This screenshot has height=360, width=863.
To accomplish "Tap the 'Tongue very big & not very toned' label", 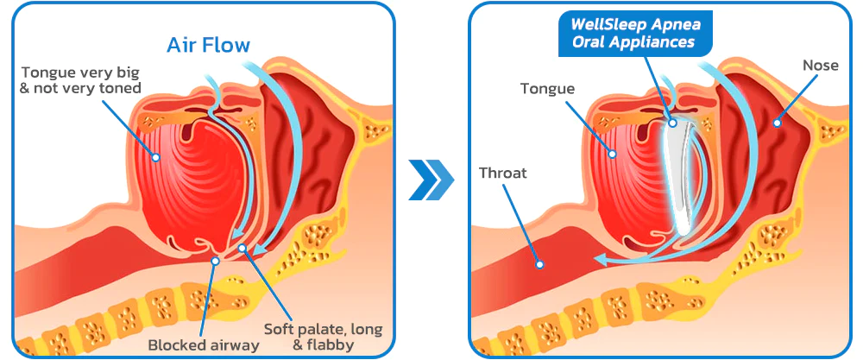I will [80, 79].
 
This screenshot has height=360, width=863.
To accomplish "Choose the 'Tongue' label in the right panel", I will [547, 88].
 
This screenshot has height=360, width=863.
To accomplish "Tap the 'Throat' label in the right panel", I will [503, 173].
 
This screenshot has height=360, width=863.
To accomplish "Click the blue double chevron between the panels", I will [431, 179].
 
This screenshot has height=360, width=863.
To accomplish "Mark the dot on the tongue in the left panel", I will [155, 158].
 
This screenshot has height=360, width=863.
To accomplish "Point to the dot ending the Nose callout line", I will [777, 123].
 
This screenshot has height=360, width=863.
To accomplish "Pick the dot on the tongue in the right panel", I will [614, 154].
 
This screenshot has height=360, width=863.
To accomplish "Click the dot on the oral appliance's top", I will [672, 123].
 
